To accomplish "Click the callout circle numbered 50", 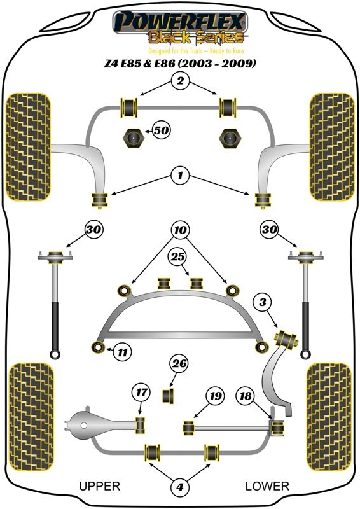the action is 162,130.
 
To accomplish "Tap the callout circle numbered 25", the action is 177,258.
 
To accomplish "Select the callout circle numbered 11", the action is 123,352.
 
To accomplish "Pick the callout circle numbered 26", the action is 179,363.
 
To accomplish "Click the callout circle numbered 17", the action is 141,393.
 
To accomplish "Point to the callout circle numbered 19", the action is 216,396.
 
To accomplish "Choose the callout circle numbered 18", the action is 246,396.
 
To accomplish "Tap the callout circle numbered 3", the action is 262,302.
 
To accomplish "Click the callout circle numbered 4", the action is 179,487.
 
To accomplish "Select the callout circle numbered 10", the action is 181,230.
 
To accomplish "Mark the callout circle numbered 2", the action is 180,80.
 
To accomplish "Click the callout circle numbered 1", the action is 180,176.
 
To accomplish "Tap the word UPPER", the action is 100,486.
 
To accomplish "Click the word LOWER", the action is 267,486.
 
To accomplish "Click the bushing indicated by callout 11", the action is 98,347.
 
